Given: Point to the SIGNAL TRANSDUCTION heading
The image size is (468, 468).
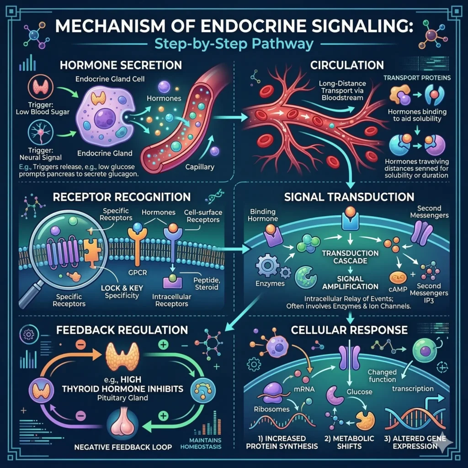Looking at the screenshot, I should [x=349, y=197].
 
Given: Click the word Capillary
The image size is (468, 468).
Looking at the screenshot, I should [x=200, y=167].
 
